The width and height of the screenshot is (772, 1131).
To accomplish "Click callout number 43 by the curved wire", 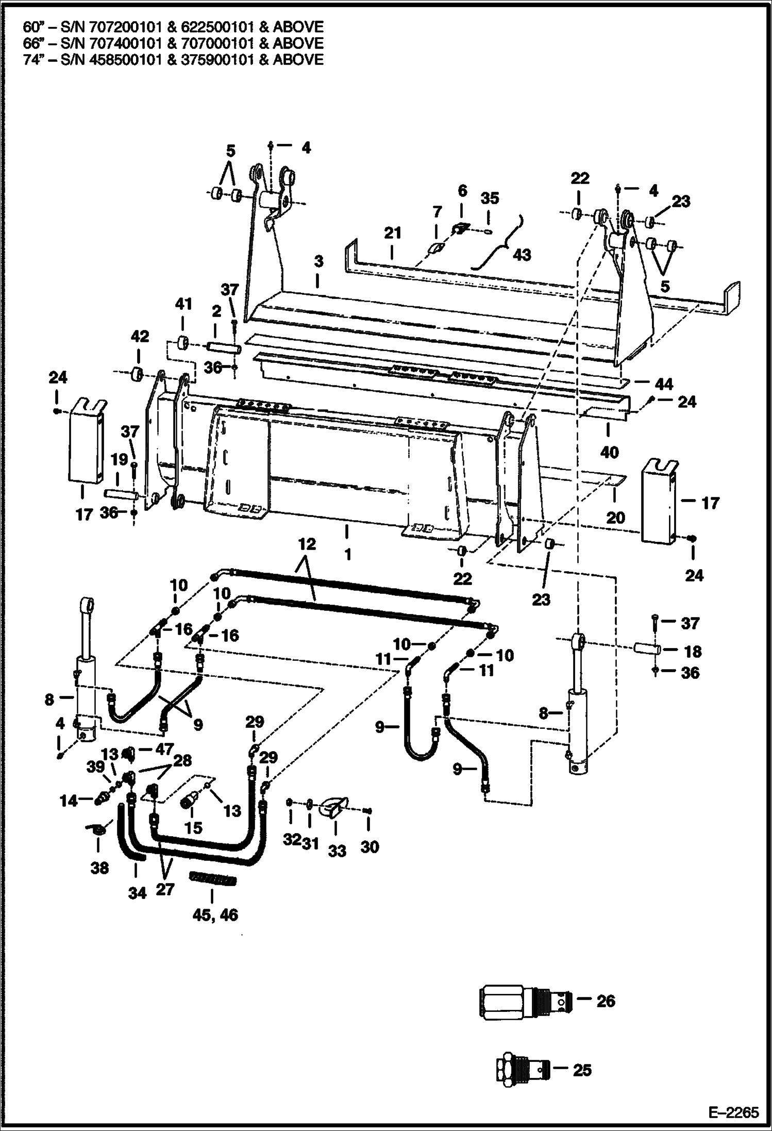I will (x=522, y=255).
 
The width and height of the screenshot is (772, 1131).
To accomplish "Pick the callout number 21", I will (x=392, y=234).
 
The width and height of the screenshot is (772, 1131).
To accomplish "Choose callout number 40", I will (x=609, y=452).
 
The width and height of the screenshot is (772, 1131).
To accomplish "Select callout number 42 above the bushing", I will (x=140, y=337).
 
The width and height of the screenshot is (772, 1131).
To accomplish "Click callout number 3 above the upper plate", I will (x=319, y=261).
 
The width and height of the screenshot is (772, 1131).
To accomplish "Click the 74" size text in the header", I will (x=32, y=59).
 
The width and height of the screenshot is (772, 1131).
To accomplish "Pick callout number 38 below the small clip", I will (x=99, y=868).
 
